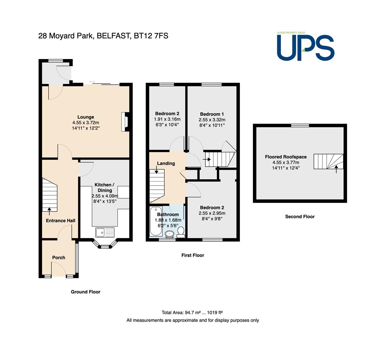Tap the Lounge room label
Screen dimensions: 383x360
point(86,117)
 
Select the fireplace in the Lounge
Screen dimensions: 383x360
point(125,122)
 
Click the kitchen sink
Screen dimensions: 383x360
point(105,232)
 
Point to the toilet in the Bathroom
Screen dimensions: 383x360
point(181,232)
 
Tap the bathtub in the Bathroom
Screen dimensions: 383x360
point(155,221)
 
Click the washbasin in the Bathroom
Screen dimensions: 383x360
point(169,234)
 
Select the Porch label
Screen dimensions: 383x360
point(59,257)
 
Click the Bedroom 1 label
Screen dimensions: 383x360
point(212,114)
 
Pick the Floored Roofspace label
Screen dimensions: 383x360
point(286,157)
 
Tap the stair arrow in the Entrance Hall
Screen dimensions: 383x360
point(49,211)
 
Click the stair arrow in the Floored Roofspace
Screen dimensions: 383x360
point(336,169)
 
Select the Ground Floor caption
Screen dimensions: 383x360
point(85,292)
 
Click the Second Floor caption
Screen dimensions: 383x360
point(300,216)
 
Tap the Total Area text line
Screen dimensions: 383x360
point(192,312)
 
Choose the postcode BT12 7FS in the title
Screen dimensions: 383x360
point(151,36)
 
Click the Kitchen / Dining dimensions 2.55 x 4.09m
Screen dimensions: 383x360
point(105,196)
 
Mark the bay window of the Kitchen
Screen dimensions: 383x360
point(105,244)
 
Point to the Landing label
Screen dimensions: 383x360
point(166,163)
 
